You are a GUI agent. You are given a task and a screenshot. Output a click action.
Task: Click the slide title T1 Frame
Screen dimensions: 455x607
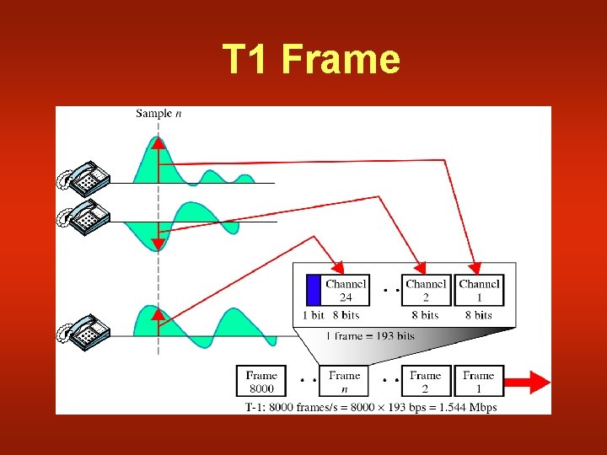tap(311, 60)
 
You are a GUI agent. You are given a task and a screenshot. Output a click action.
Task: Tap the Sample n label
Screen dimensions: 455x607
tap(158, 113)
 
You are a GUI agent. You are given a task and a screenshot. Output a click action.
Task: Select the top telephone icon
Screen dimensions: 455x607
tap(84, 178)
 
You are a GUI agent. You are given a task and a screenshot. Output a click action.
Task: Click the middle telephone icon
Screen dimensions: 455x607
tap(84, 216)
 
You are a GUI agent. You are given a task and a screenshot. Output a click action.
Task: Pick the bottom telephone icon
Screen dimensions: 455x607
tap(84, 331)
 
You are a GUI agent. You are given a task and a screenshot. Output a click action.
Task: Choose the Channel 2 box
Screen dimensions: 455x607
tap(426, 290)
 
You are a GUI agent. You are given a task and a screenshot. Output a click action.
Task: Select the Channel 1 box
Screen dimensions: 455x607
tap(479, 290)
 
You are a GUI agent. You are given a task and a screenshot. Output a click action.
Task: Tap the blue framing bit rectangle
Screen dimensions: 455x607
tap(314, 290)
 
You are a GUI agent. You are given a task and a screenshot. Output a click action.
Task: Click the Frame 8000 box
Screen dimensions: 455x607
tap(261, 382)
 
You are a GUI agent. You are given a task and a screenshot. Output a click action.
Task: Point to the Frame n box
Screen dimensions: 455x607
tap(344, 382)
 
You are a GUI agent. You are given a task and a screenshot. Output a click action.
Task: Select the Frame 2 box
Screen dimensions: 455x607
tap(425, 382)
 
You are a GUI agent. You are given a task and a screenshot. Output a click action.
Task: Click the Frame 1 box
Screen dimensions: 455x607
tap(478, 382)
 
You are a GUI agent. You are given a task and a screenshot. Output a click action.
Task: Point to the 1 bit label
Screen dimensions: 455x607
tap(313, 315)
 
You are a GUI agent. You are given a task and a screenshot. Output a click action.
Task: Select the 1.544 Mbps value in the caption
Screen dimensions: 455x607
tap(467, 407)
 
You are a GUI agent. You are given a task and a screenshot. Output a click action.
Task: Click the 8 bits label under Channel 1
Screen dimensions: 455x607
tap(478, 315)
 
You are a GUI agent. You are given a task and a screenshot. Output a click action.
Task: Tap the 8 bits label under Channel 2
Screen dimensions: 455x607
tap(425, 315)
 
